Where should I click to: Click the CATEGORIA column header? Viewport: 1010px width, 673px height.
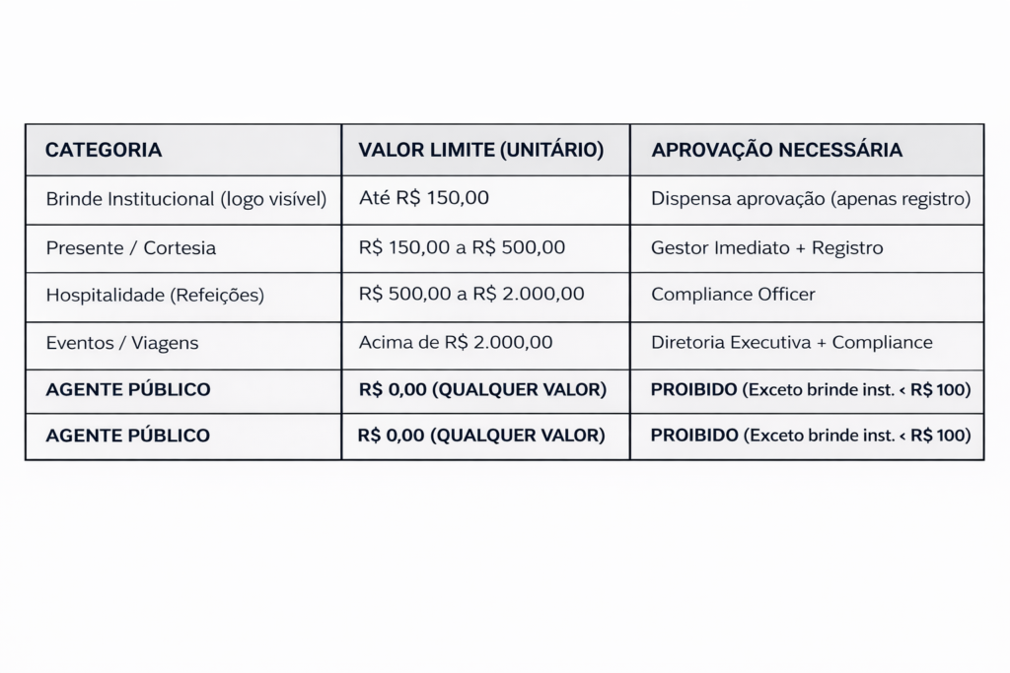coord(104,151)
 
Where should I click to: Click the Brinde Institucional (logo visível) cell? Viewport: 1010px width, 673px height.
coord(185,199)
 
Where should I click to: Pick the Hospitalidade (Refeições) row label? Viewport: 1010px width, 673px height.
coord(155,295)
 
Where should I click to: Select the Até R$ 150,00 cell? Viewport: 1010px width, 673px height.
coord(424,198)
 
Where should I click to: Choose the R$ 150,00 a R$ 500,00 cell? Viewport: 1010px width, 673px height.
coord(462,247)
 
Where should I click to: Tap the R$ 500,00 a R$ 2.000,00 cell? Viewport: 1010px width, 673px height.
coord(471,295)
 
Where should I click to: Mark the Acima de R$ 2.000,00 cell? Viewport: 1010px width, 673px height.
coord(456,343)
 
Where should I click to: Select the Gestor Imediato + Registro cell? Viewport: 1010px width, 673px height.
coord(766,247)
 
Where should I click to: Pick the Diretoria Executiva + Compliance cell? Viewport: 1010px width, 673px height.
coord(791,343)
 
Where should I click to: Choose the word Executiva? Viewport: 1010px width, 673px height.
coord(772,343)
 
